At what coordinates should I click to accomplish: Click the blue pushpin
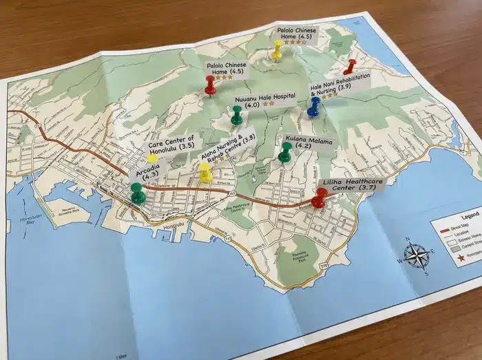pyautogui.click(x=315, y=105)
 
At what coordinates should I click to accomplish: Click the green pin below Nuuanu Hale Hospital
pyautogui.click(x=237, y=115)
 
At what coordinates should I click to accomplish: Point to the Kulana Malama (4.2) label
pyautogui.click(x=307, y=143)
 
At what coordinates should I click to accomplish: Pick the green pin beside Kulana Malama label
pyautogui.click(x=285, y=152)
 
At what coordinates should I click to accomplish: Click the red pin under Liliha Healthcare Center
pyautogui.click(x=319, y=198)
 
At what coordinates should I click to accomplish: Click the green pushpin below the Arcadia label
pyautogui.click(x=138, y=193)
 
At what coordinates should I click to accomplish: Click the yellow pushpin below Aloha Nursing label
pyautogui.click(x=205, y=172)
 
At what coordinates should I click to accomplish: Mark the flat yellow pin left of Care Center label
pyautogui.click(x=151, y=158)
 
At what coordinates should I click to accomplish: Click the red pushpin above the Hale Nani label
pyautogui.click(x=350, y=66)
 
